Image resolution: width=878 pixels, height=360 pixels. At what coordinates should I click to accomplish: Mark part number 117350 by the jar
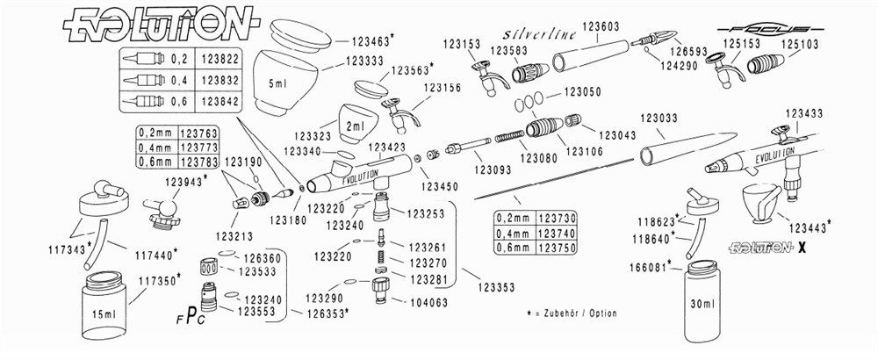tap(160, 277)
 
